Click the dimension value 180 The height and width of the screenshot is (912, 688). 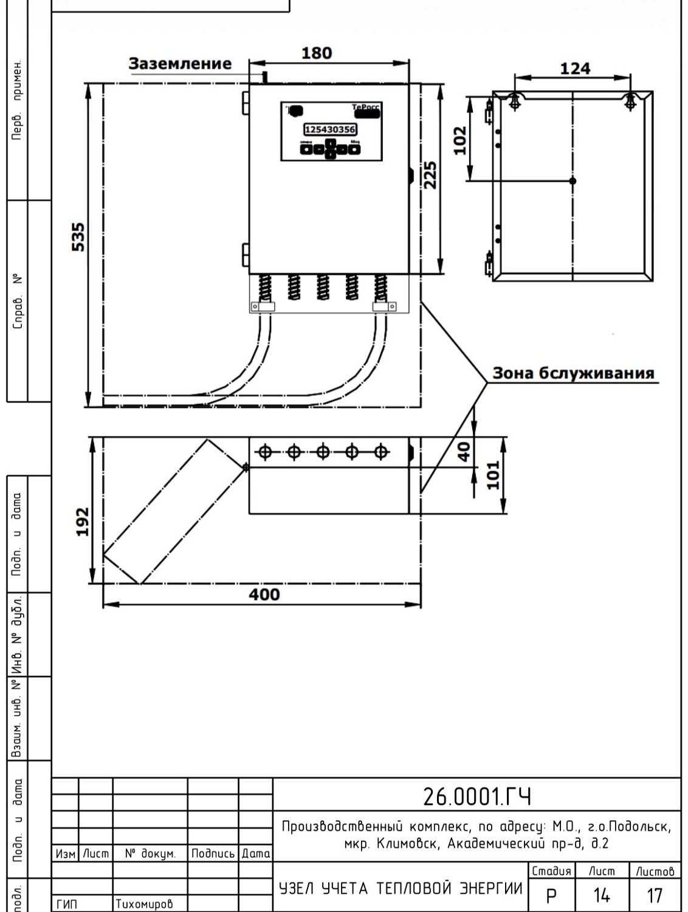(x=317, y=54)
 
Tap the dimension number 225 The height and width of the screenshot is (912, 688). (x=430, y=175)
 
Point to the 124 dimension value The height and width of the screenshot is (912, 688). (x=574, y=69)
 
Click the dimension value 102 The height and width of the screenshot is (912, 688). (x=461, y=140)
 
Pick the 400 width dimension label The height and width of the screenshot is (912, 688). (x=264, y=594)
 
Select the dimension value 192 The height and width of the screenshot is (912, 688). (x=82, y=522)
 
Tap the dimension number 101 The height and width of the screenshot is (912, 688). (x=493, y=475)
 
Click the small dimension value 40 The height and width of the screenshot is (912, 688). (x=464, y=451)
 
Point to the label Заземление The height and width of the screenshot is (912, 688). (x=180, y=64)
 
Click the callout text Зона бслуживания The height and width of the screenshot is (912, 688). (x=573, y=373)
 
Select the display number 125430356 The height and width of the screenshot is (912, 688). (x=330, y=130)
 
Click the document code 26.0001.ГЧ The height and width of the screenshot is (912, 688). (x=476, y=796)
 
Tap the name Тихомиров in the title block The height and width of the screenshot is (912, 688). (x=145, y=904)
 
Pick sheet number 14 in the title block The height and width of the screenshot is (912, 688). (x=601, y=895)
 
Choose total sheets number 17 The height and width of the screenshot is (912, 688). (x=655, y=895)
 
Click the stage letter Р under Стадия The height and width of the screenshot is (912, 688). (x=551, y=896)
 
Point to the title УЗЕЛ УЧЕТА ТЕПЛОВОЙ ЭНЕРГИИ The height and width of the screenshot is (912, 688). (x=401, y=888)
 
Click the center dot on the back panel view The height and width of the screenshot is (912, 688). (x=573, y=181)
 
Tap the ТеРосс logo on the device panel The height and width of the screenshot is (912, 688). (x=366, y=108)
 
